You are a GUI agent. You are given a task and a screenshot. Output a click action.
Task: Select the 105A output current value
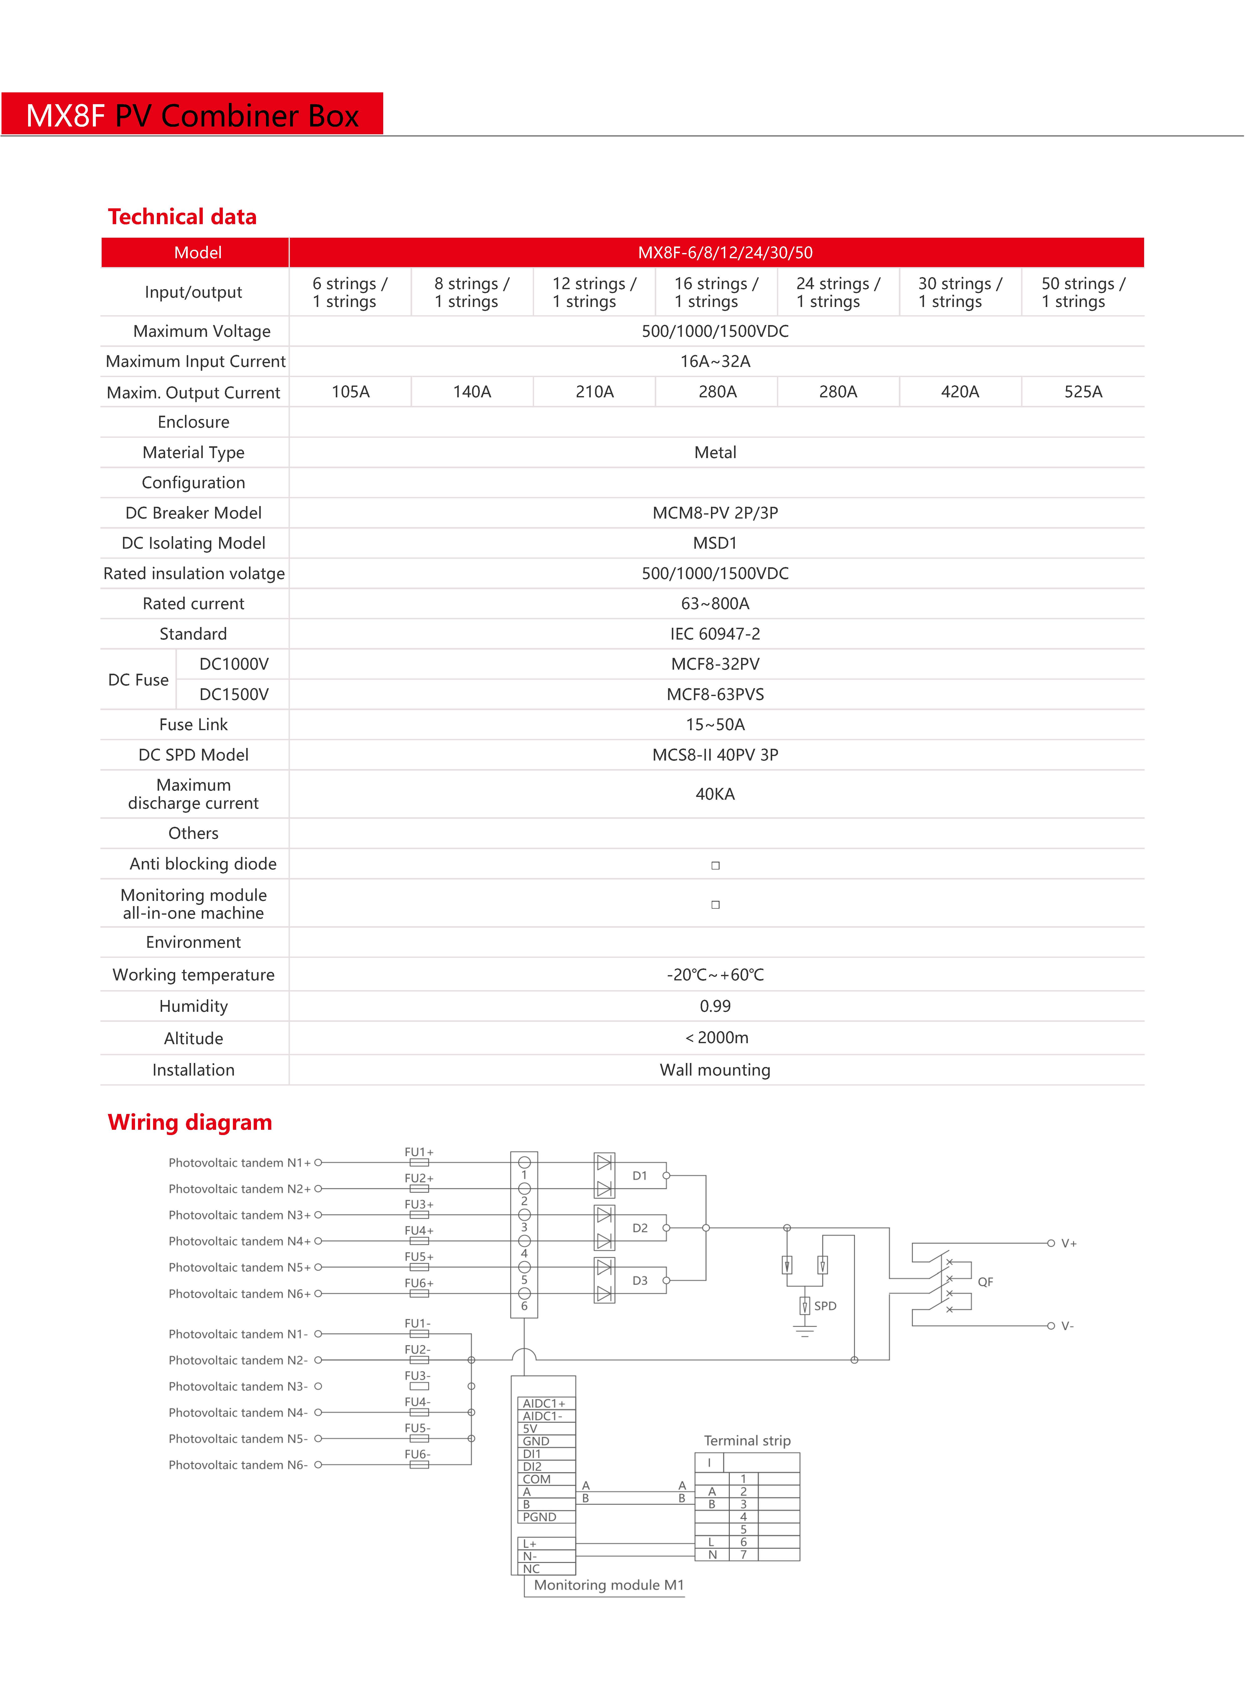(x=350, y=392)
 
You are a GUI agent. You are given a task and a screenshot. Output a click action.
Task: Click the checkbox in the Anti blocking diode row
(x=715, y=865)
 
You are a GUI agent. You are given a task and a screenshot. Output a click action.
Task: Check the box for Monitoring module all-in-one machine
(x=715, y=905)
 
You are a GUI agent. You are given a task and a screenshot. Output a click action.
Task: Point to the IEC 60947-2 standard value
(x=715, y=634)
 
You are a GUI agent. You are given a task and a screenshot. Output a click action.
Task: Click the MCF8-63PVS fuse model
(x=715, y=694)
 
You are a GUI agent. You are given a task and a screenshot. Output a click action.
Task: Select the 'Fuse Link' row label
(x=194, y=724)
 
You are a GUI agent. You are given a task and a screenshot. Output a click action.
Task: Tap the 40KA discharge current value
(x=715, y=794)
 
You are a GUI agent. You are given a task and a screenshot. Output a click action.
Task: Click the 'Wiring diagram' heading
(x=190, y=1122)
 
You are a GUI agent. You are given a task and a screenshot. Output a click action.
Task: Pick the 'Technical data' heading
(x=182, y=217)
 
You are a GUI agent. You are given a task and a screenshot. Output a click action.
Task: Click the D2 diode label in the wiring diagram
(x=640, y=1228)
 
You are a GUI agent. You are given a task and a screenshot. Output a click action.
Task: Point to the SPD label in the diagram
(x=825, y=1305)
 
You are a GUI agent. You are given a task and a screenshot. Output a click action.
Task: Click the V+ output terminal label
(x=1069, y=1244)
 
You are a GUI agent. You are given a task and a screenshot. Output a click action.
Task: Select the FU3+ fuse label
(x=419, y=1205)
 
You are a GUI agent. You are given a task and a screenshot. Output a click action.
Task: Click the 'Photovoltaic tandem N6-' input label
(x=238, y=1465)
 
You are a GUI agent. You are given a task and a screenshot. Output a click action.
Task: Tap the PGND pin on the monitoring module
(x=540, y=1517)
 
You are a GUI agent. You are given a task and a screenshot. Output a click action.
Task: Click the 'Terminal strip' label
(x=747, y=1441)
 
